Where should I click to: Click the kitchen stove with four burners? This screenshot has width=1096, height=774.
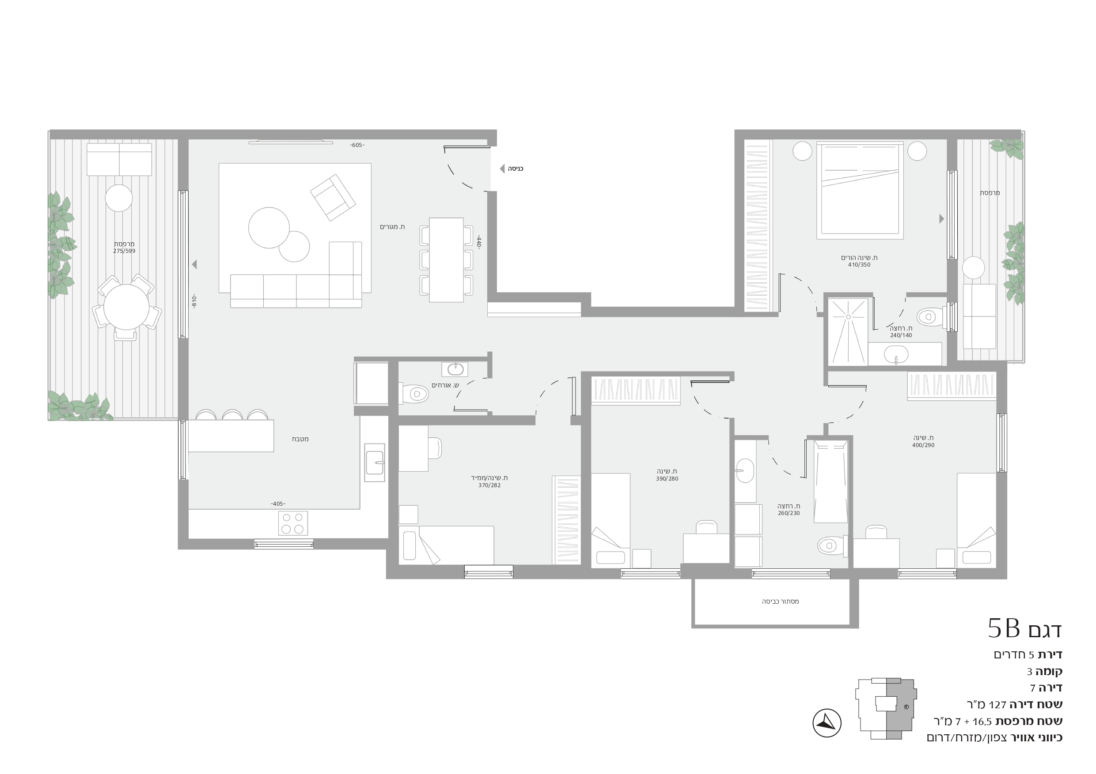click(292, 523)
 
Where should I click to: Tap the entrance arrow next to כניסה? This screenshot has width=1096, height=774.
click(502, 169)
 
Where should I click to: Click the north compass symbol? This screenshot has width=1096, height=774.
click(827, 723)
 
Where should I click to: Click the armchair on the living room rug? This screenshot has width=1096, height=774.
click(333, 197)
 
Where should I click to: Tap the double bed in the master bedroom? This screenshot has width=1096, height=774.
click(860, 190)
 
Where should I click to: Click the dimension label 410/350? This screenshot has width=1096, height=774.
click(859, 265)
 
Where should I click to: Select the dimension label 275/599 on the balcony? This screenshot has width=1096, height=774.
click(124, 251)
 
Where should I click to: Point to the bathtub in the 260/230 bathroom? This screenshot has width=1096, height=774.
click(831, 482)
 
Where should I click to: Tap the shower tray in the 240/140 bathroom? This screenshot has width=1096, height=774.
click(848, 331)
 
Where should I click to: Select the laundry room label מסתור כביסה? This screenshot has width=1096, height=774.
click(780, 601)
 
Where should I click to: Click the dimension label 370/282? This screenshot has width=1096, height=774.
click(489, 485)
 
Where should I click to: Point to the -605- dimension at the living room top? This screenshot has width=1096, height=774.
click(357, 145)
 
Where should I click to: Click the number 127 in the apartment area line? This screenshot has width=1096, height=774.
click(997, 704)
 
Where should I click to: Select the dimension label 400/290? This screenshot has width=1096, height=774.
click(923, 445)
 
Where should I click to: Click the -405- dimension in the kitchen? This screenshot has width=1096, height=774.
click(278, 503)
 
